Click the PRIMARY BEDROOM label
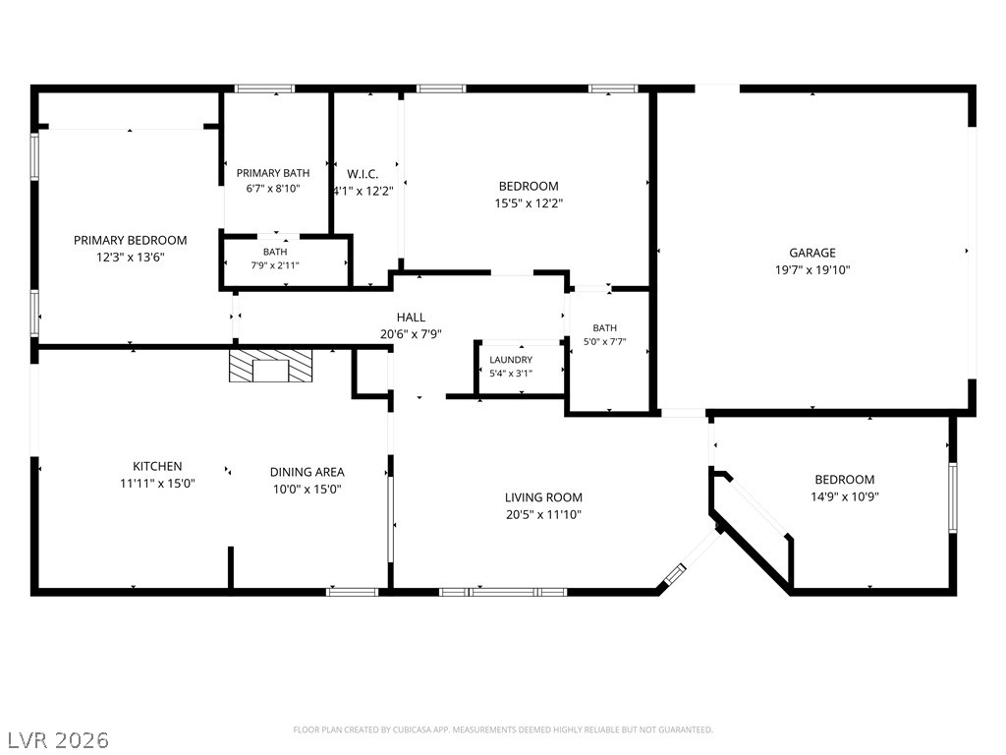[131, 240]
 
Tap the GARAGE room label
[812, 253]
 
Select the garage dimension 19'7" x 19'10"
[812, 270]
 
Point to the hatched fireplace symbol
[271, 366]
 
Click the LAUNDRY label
[511, 360]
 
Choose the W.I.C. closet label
[363, 174]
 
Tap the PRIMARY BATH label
[273, 173]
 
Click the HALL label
[411, 318]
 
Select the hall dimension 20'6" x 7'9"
[411, 334]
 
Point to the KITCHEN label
[157, 466]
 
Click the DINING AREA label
[307, 472]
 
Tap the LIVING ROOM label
[543, 496]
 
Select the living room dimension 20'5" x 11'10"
[543, 514]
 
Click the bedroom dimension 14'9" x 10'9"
[844, 496]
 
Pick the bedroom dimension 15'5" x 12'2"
[529, 203]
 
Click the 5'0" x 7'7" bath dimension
[604, 342]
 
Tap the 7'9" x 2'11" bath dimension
[275, 265]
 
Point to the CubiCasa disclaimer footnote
[503, 730]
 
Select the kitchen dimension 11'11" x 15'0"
[157, 484]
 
